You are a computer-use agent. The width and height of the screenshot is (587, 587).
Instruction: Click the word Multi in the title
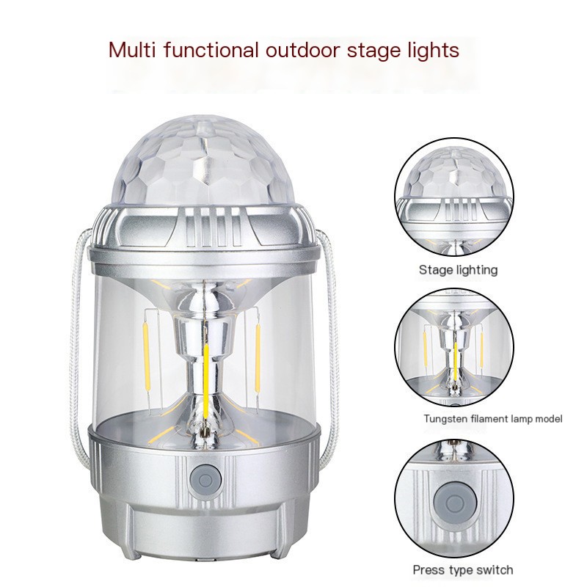[131, 50]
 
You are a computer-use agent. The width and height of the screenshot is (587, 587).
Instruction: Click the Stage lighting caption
[457, 270]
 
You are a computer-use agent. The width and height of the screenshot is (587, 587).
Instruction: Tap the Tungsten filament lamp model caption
[492, 420]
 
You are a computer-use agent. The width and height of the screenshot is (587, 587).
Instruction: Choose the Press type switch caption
[463, 570]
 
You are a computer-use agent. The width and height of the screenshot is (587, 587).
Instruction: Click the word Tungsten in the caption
[443, 420]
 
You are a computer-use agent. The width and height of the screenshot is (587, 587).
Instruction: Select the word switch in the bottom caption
[496, 570]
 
